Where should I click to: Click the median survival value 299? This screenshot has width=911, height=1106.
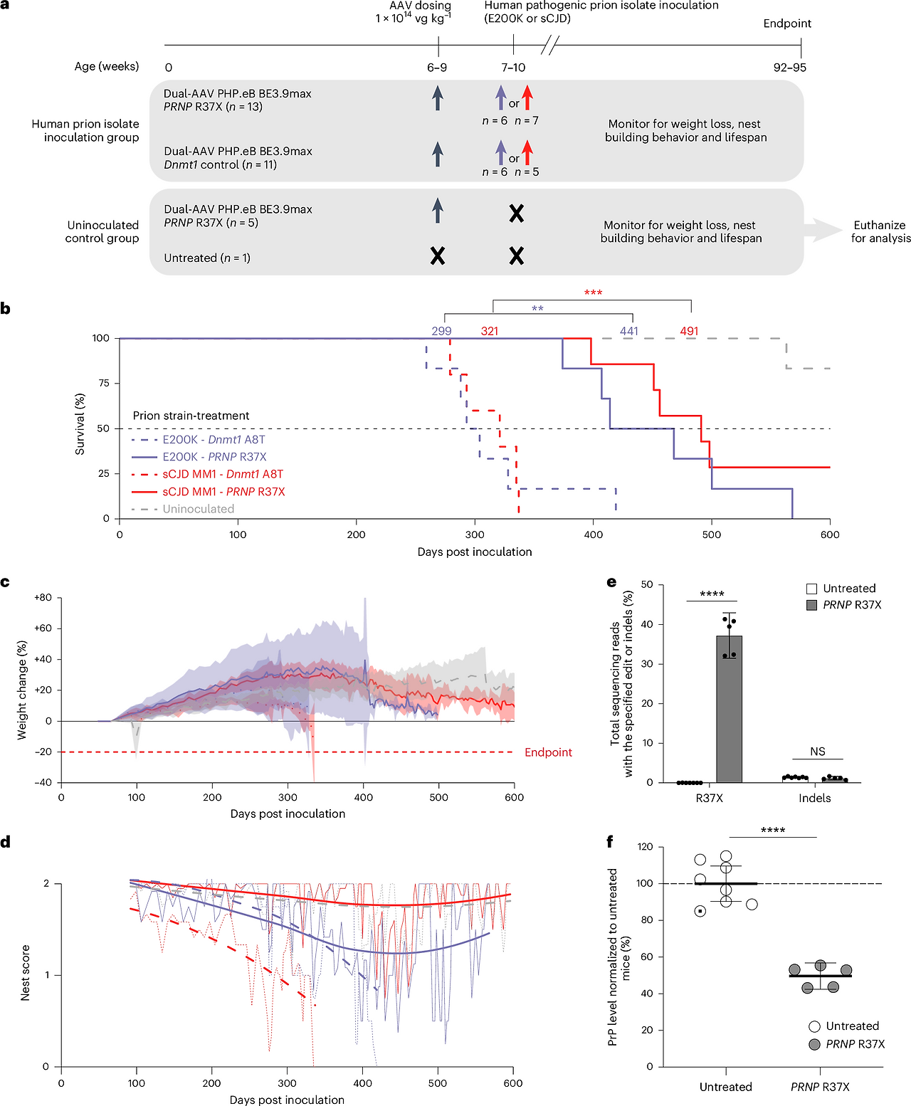pos(441,331)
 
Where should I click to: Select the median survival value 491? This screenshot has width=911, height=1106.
pos(689,331)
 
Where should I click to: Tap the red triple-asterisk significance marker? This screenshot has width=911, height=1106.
pos(593,293)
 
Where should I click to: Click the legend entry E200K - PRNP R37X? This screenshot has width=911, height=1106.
pos(214,457)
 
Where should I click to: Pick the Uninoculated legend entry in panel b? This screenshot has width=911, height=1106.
pos(198,509)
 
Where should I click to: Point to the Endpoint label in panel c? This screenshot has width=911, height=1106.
pos(548,752)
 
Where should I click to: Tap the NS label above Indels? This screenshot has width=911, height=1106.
pos(818,752)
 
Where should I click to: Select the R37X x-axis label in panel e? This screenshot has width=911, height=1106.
pos(709,798)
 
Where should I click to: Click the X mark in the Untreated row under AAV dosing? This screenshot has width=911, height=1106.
pos(438,256)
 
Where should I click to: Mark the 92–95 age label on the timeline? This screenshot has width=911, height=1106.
pos(790,68)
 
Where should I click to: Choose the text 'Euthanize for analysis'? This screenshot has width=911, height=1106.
pos(880,231)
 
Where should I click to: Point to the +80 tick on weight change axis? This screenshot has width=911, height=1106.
pos(43,598)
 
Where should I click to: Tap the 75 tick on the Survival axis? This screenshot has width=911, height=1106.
pos(104,383)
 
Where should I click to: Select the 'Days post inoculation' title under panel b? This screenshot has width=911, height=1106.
pos(475,552)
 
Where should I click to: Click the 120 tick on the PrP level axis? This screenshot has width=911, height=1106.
pos(646,847)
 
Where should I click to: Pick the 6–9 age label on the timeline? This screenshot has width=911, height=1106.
pos(437,68)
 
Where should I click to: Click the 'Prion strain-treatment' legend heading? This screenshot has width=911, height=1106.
pos(191,416)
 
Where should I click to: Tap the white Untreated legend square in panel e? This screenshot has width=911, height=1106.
pos(811,589)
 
